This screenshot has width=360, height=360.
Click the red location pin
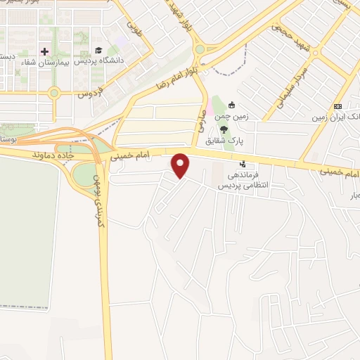tap(181, 166)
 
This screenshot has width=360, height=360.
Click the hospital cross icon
tap(45, 51)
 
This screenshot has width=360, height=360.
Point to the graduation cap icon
tap(98, 51)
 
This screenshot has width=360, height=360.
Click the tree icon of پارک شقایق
tap(224, 131)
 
